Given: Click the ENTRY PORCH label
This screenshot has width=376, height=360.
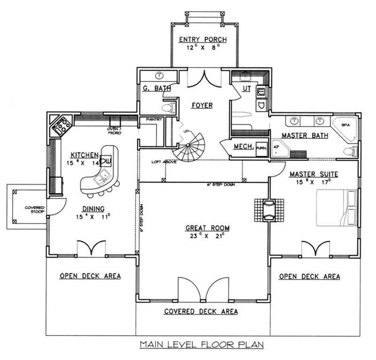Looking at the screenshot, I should click(x=203, y=40).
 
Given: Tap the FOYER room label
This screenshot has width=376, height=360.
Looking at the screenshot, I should click(x=202, y=105).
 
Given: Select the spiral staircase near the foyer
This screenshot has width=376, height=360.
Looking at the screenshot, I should click(x=188, y=146).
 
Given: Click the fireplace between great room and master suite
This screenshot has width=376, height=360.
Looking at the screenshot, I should click(x=269, y=208).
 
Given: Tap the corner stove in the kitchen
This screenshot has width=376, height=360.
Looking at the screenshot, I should click(x=61, y=126).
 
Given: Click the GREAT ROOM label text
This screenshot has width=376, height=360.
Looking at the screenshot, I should click(x=207, y=228).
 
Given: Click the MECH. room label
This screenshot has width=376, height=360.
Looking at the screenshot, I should click(x=243, y=147).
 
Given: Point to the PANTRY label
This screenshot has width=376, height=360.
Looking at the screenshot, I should click(x=154, y=120).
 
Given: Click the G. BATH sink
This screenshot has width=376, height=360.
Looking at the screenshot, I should click(x=159, y=75).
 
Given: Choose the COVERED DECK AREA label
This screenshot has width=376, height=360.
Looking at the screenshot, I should click(x=201, y=312).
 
